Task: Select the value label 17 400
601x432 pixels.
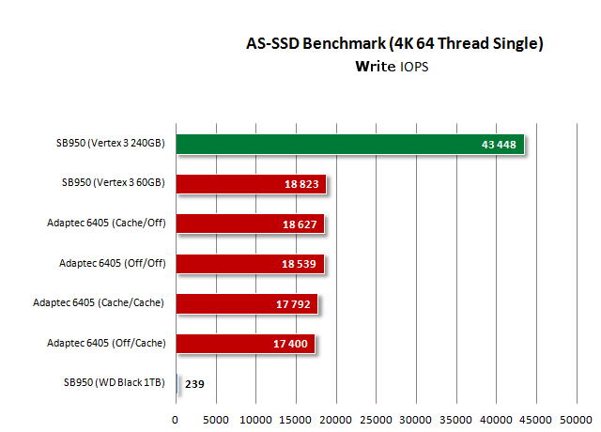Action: pos(291,344)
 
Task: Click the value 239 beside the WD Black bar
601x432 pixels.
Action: pos(195,383)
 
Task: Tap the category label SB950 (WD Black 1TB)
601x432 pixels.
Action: pos(114,383)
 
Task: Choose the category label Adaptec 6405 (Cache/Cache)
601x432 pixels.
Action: pos(99,303)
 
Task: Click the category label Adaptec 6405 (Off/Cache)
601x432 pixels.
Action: pos(106,344)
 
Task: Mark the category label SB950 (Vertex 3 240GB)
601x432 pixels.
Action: pos(110,144)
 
